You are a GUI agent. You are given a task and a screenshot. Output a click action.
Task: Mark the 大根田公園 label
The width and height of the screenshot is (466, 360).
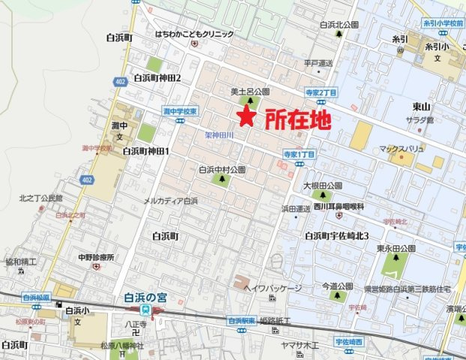tap(323, 184)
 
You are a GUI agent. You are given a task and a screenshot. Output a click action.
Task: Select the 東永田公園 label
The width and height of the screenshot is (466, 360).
tap(396, 248)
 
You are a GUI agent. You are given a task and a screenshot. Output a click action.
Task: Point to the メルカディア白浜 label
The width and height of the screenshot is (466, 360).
tap(170, 201)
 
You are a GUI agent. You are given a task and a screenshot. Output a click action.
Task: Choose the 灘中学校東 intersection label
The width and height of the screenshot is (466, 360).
tap(180, 111)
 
